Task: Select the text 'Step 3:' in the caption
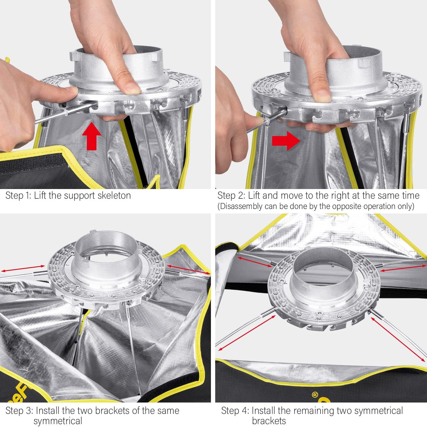(19, 411)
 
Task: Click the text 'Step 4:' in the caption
(235, 411)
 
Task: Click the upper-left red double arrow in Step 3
(23, 268)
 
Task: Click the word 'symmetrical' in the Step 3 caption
(58, 421)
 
